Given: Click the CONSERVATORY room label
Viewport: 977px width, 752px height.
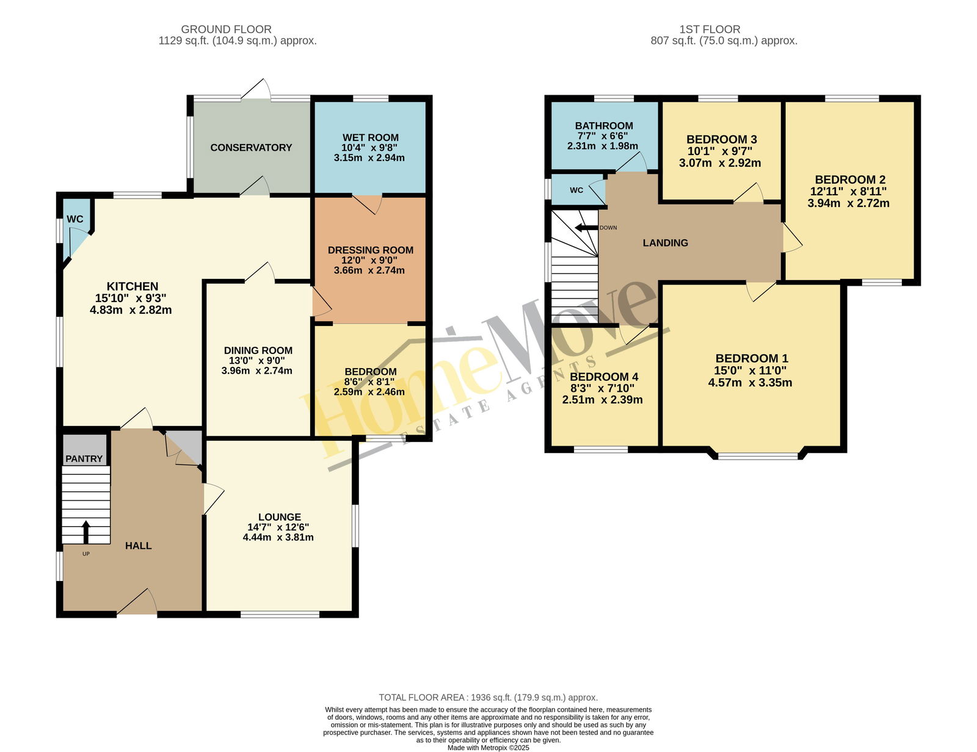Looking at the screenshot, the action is click(x=251, y=147).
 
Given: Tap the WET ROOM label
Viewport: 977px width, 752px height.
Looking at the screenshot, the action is click(x=371, y=137).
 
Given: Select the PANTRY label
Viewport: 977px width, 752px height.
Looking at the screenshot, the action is click(x=84, y=458).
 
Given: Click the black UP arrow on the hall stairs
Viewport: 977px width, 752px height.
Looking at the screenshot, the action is click(x=85, y=532).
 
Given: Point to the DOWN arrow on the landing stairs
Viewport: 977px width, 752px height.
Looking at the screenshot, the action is click(x=586, y=227).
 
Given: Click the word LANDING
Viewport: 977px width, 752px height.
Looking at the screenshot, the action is click(x=665, y=243).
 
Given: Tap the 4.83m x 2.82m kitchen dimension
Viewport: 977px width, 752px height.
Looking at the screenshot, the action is click(x=131, y=310).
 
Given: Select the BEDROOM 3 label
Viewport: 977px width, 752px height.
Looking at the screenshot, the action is click(x=722, y=139).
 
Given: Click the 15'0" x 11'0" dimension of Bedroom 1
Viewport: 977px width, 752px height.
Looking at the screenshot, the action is click(x=750, y=371).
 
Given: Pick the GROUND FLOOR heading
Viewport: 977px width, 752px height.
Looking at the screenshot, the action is click(x=226, y=29).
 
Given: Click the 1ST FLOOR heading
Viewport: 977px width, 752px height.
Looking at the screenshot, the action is click(x=710, y=29).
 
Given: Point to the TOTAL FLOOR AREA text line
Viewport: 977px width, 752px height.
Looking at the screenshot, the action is click(x=488, y=698).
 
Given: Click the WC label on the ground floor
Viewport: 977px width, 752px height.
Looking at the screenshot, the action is click(x=75, y=219).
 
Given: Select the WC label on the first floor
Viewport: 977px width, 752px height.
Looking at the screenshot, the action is click(x=576, y=190).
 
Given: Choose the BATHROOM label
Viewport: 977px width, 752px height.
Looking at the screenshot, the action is click(x=604, y=126).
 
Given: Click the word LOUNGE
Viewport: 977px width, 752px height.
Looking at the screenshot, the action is click(x=280, y=517).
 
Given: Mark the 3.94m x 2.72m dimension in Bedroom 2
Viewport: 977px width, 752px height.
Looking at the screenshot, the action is click(x=848, y=203).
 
